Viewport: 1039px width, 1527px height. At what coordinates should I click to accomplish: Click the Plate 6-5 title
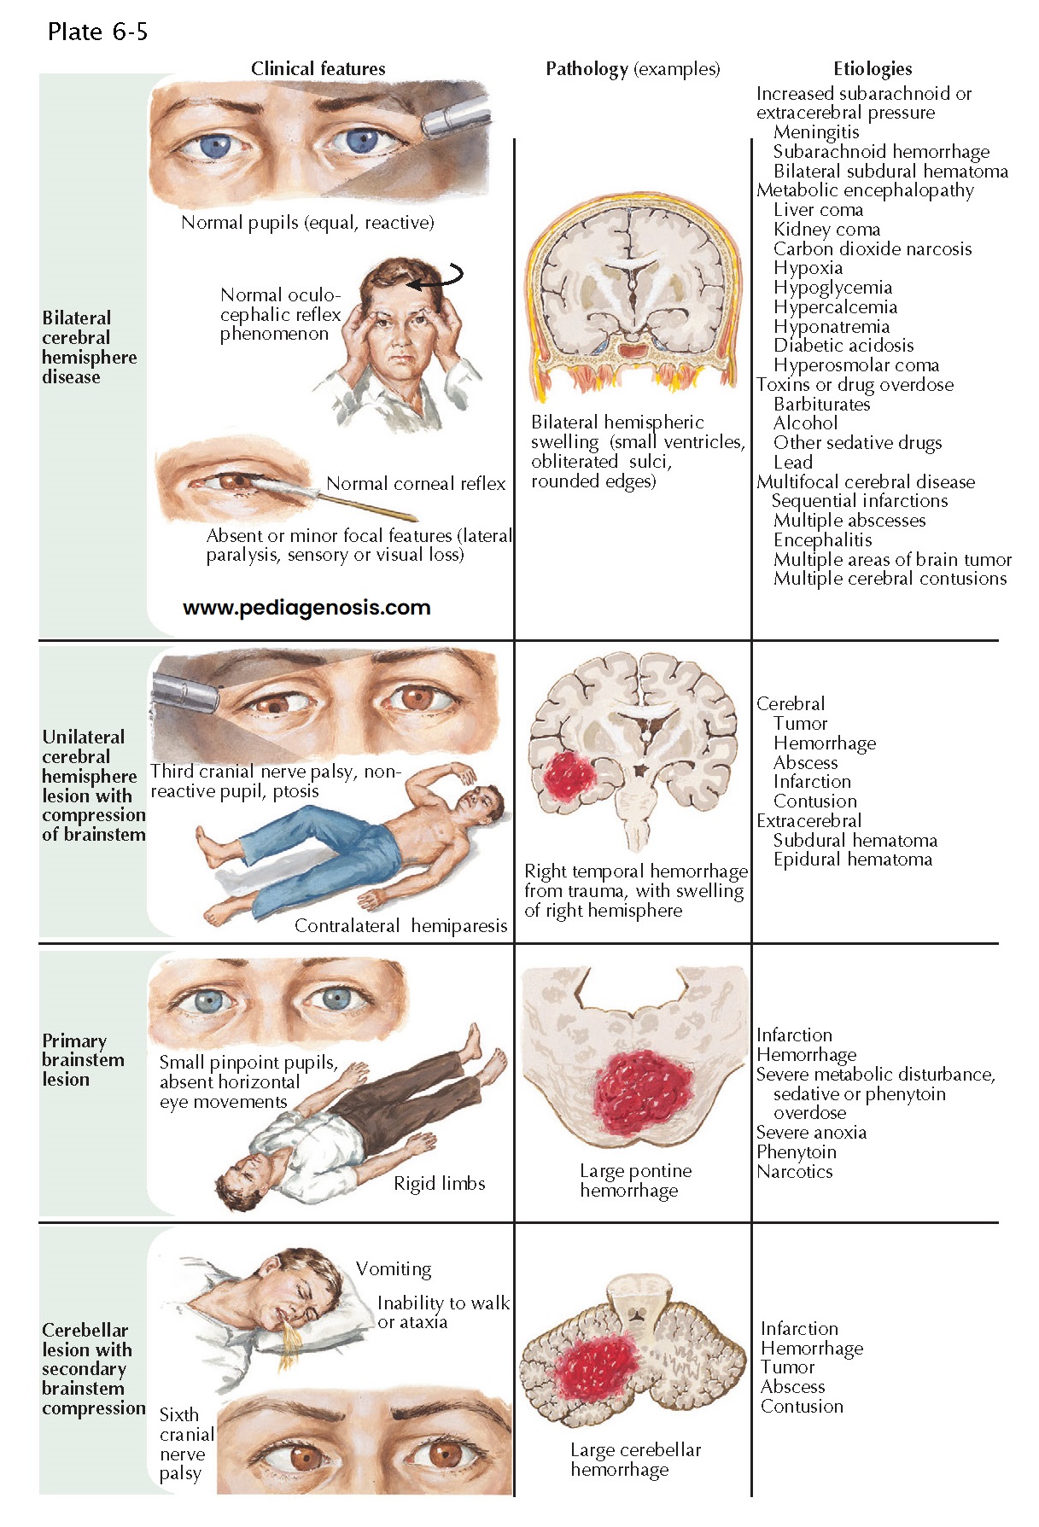[x=97, y=32]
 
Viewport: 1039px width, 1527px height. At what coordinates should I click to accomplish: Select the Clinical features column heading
[x=318, y=69]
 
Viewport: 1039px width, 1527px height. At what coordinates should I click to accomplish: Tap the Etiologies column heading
[x=872, y=69]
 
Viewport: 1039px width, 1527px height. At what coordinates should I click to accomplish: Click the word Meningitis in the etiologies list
[x=816, y=132]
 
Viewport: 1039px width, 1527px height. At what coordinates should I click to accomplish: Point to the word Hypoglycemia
[x=832, y=288]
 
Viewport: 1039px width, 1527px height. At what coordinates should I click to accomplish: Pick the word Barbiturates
[x=821, y=405]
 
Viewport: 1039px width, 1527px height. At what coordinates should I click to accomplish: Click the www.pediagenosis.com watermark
[x=306, y=608]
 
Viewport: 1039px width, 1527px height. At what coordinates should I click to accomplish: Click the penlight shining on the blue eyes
[x=456, y=115]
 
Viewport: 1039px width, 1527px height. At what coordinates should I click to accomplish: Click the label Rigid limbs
[x=439, y=1184]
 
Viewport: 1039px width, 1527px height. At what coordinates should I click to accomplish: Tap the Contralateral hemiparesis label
[x=400, y=926]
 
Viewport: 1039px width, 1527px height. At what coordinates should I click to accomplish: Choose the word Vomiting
[x=394, y=1269]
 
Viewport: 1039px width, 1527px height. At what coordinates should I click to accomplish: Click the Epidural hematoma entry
[x=852, y=860]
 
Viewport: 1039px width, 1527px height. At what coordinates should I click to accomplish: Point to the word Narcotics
[x=794, y=1172]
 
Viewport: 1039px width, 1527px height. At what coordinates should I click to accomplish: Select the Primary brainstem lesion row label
[x=83, y=1060]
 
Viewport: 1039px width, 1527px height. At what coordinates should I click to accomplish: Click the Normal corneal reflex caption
[x=416, y=484]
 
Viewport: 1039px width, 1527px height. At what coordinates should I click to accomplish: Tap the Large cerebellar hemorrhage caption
[x=635, y=1460]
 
